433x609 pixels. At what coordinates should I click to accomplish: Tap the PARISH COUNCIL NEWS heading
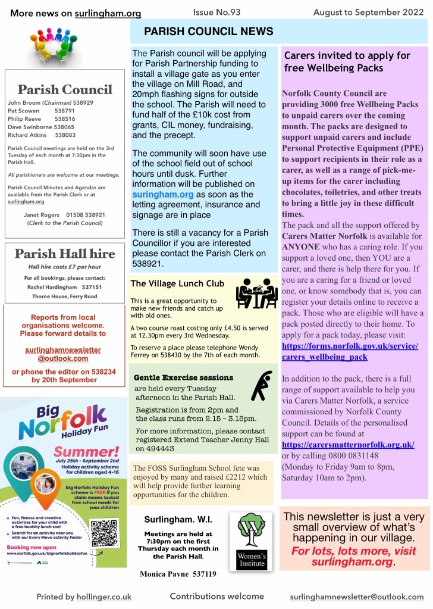pyautogui.click(x=209, y=32)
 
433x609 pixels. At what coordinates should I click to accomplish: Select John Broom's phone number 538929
pyautogui.click(x=83, y=102)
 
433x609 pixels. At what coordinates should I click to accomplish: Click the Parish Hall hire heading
pyautogui.click(x=64, y=254)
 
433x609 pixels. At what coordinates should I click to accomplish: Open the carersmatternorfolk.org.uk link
pyautogui.click(x=348, y=445)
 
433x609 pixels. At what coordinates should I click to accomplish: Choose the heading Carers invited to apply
pyautogui.click(x=347, y=61)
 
